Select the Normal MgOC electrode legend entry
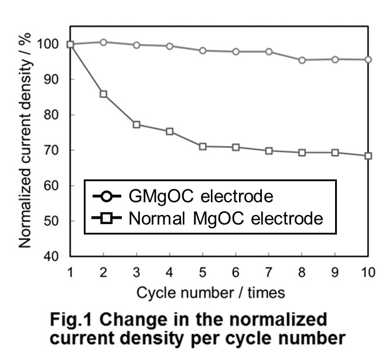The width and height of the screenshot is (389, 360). pyautogui.click(x=208, y=219)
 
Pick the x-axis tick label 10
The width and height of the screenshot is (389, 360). pyautogui.click(x=367, y=272)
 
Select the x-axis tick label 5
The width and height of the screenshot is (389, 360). pyautogui.click(x=203, y=272)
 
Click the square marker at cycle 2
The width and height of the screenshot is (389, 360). pyautogui.click(x=104, y=94)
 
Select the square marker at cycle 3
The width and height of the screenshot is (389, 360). pyautogui.click(x=137, y=124)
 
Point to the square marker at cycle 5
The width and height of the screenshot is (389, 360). pyautogui.click(x=203, y=146)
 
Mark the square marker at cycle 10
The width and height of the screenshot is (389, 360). pyautogui.click(x=368, y=156)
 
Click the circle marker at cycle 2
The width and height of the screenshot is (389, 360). pyautogui.click(x=104, y=42)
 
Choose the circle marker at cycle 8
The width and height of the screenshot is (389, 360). pyautogui.click(x=302, y=60)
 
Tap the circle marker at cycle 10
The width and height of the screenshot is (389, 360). pyautogui.click(x=368, y=59)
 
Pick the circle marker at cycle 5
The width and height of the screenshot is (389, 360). pyautogui.click(x=203, y=50)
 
